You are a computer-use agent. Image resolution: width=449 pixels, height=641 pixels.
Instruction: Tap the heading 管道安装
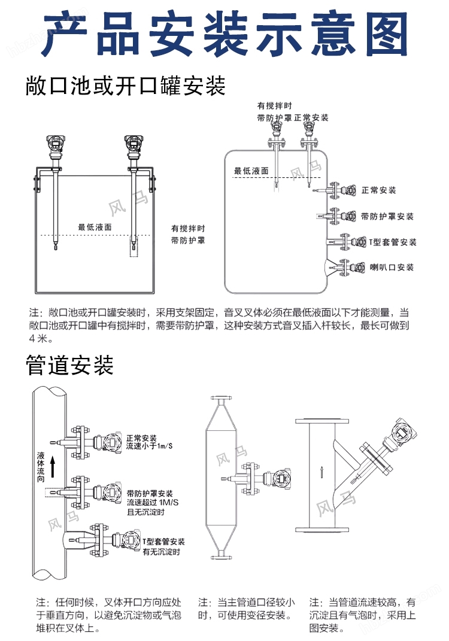(x=70, y=365)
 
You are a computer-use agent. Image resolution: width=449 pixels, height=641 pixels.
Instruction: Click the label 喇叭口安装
(x=392, y=267)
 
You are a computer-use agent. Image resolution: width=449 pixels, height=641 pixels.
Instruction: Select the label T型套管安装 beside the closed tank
(x=392, y=242)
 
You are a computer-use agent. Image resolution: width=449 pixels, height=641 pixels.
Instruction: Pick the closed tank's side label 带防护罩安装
(x=387, y=216)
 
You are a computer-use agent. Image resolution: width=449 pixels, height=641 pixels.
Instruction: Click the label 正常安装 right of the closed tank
(x=379, y=190)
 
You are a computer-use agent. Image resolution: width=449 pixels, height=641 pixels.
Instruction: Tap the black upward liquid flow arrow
(x=53, y=467)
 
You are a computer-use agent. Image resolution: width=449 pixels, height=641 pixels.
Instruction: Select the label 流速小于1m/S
(x=149, y=446)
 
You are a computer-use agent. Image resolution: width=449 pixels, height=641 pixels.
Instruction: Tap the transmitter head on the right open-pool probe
(x=132, y=144)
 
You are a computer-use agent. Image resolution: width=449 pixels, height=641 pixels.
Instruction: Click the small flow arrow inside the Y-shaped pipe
(x=321, y=472)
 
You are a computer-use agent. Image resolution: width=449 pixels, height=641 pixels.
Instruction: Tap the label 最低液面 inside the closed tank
(x=251, y=171)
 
